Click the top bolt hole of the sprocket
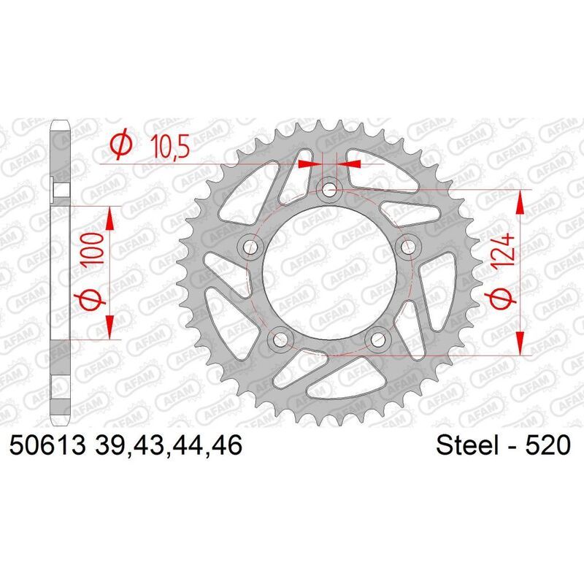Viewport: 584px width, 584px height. (329, 191)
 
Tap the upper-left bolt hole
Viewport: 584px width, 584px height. (252, 247)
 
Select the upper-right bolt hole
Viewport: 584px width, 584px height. (407, 247)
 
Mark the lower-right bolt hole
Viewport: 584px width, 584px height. (377, 339)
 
